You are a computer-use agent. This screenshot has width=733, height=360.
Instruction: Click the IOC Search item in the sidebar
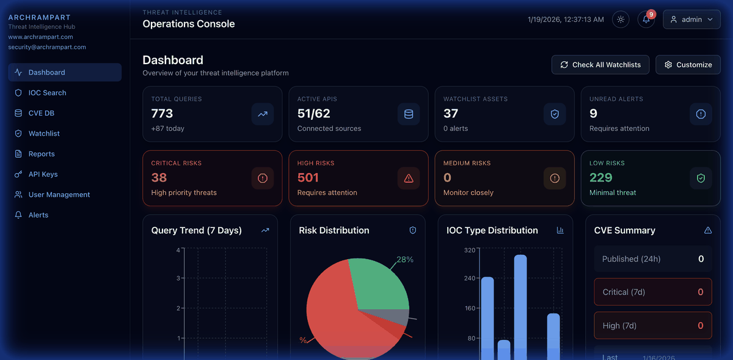pos(47,93)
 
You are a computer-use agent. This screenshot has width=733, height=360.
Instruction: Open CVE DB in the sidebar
pos(41,113)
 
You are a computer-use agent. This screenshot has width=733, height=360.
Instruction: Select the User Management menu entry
pos(59,194)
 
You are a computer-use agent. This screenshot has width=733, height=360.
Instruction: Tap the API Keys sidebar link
pos(43,174)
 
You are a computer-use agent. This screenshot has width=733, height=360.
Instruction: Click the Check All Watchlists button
pos(600,65)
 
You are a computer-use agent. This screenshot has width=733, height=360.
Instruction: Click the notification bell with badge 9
pos(646,20)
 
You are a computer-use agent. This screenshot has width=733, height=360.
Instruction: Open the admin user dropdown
pos(691,20)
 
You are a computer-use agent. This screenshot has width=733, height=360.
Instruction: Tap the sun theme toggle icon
pos(621,20)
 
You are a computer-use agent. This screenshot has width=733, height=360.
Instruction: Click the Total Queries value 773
pos(162,114)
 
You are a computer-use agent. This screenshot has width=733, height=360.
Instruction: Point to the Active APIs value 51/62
pos(314,114)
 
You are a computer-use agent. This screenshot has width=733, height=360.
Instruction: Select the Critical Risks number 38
pos(159,178)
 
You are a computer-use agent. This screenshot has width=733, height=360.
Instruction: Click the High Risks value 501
pos(308,178)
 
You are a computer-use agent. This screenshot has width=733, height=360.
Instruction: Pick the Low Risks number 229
pos(601,178)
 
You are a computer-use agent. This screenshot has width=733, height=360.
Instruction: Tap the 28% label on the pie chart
pos(405,260)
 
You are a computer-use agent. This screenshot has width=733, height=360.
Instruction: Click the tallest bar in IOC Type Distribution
pos(520,306)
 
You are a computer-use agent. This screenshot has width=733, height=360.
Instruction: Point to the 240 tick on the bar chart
pos(470,278)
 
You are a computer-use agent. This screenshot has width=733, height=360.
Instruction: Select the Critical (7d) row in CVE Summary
pos(652,292)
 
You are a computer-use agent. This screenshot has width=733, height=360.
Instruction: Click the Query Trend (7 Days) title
pos(197,230)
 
